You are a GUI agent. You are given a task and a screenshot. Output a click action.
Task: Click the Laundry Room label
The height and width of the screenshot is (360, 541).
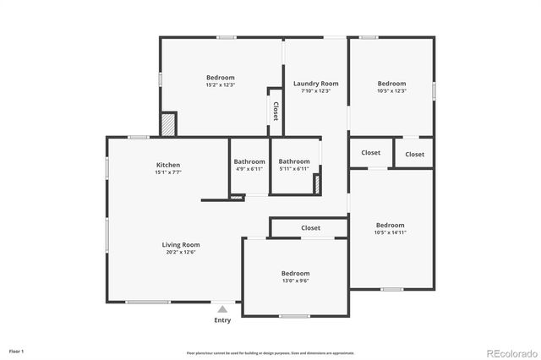pyautogui.click(x=315, y=84)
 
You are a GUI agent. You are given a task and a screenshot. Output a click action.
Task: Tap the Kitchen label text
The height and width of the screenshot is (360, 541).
pyautogui.click(x=167, y=165)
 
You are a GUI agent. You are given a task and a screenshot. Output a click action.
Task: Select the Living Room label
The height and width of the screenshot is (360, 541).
pyautogui.click(x=181, y=245)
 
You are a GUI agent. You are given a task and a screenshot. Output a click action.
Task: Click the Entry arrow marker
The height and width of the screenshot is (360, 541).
pyautogui.click(x=222, y=310)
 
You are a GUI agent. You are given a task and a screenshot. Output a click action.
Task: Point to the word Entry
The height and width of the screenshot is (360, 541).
pyautogui.click(x=222, y=320)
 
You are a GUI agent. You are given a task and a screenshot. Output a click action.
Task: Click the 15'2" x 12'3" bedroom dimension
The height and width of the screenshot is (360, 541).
pyautogui.click(x=220, y=85)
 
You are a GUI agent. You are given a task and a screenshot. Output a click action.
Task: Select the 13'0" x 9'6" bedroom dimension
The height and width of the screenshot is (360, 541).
pyautogui.click(x=295, y=281)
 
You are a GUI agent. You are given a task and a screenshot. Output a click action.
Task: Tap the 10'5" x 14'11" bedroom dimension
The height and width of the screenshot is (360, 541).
pyautogui.click(x=390, y=232)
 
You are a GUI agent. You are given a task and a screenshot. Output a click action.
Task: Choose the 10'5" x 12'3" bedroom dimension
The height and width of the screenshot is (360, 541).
pyautogui.click(x=391, y=91)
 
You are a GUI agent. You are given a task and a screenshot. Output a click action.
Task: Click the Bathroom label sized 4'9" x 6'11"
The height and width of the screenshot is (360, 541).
pyautogui.click(x=249, y=161)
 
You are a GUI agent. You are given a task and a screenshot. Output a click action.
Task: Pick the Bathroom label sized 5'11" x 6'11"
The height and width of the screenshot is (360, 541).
pyautogui.click(x=294, y=161)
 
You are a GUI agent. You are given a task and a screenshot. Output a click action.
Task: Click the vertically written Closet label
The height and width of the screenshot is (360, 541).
pyautogui.click(x=275, y=112)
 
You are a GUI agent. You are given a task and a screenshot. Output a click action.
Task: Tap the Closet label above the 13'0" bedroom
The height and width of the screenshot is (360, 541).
pyautogui.click(x=310, y=228)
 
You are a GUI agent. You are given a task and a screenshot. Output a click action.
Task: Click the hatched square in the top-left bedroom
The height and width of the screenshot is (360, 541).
pyautogui.click(x=169, y=124)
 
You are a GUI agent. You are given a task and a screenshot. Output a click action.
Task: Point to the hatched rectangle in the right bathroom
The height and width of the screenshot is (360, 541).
pyautogui.click(x=317, y=184)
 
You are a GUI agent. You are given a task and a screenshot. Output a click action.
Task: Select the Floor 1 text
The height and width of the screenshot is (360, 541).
pyautogui.click(x=16, y=350)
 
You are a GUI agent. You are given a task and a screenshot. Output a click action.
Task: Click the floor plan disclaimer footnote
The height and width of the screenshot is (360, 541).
pyautogui.click(x=270, y=352)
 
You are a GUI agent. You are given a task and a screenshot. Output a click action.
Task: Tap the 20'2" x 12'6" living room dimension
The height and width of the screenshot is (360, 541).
pyautogui.click(x=181, y=253)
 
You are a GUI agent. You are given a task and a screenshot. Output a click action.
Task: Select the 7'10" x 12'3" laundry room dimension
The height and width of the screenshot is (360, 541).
pyautogui.click(x=315, y=91)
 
